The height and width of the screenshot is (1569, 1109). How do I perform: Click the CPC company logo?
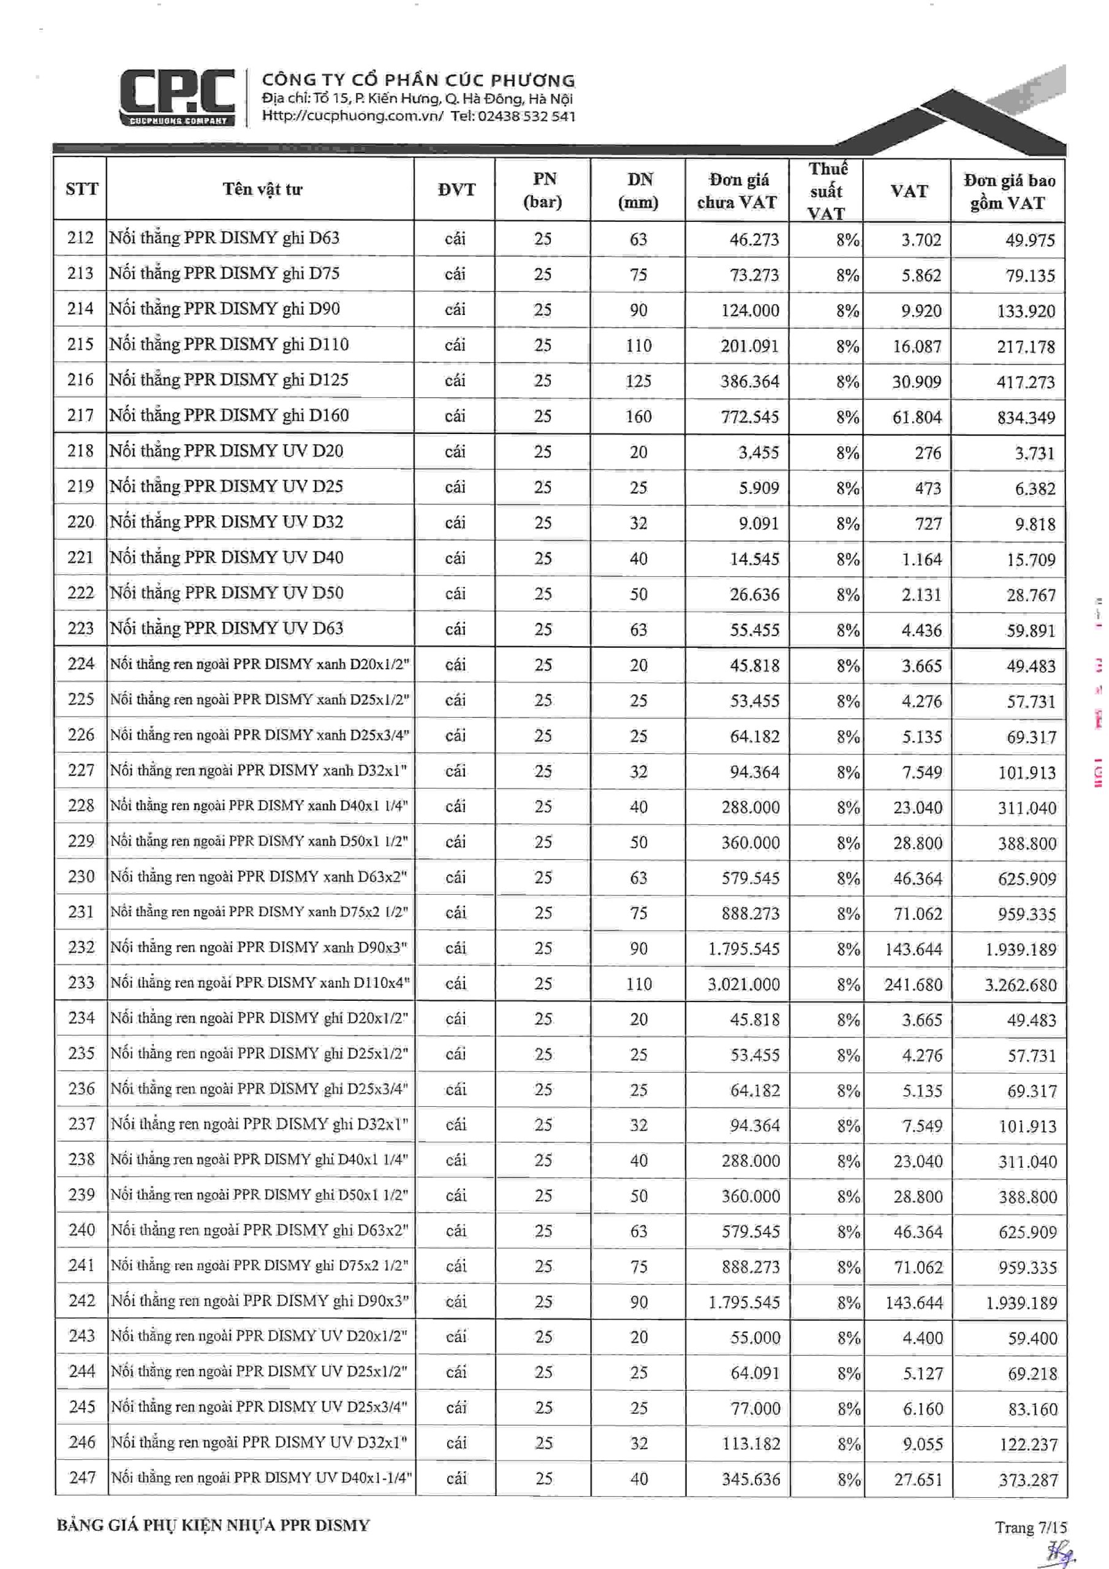[x=177, y=97]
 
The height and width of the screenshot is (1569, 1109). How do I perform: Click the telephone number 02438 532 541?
[x=526, y=116]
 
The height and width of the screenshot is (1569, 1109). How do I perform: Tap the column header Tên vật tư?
[x=262, y=189]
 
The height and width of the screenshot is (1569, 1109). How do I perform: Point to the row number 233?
[x=81, y=982]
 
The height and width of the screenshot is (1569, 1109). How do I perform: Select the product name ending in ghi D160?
[x=229, y=416]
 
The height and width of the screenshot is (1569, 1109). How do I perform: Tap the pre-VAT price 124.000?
[x=749, y=310]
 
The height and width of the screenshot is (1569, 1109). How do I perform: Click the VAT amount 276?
[x=927, y=452]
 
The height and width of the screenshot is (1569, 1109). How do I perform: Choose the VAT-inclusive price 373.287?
[x=1028, y=1480]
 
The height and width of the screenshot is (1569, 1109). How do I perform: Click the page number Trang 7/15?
[x=1030, y=1527]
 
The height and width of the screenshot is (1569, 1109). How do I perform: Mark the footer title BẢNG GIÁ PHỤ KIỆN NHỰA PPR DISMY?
[x=213, y=1525]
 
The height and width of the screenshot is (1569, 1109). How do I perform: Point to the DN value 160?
[x=638, y=416]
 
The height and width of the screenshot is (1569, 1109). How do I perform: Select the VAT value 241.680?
[x=913, y=985]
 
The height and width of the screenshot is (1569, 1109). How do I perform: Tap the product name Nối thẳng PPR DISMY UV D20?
[x=226, y=451]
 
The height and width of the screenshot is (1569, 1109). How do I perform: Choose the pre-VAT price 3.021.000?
[x=743, y=984]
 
